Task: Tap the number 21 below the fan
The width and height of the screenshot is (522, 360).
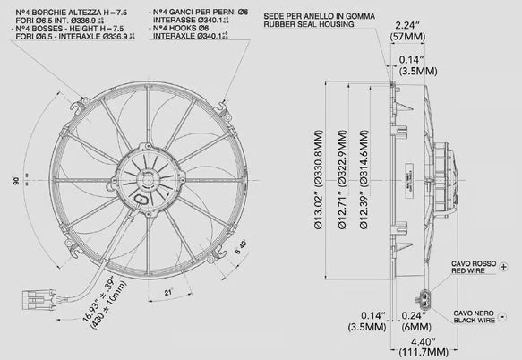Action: (167, 292)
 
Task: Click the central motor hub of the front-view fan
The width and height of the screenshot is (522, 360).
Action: (145, 173)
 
